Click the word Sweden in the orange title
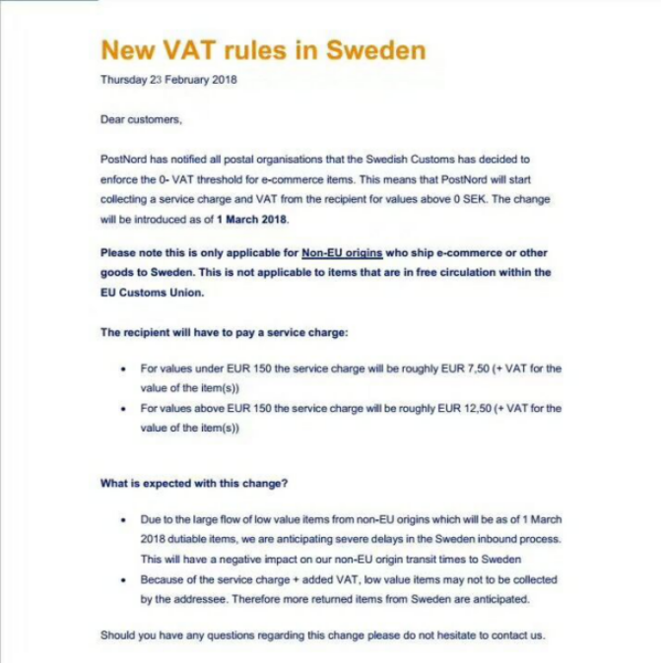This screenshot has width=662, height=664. click(372, 50)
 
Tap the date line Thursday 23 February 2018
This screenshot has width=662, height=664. click(168, 81)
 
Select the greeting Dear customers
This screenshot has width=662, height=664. click(141, 119)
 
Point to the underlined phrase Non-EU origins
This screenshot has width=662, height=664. click(342, 253)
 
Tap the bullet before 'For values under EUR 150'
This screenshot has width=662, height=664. click(122, 369)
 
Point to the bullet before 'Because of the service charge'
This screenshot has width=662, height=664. click(122, 580)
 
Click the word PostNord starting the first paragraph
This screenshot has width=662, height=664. click(123, 159)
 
